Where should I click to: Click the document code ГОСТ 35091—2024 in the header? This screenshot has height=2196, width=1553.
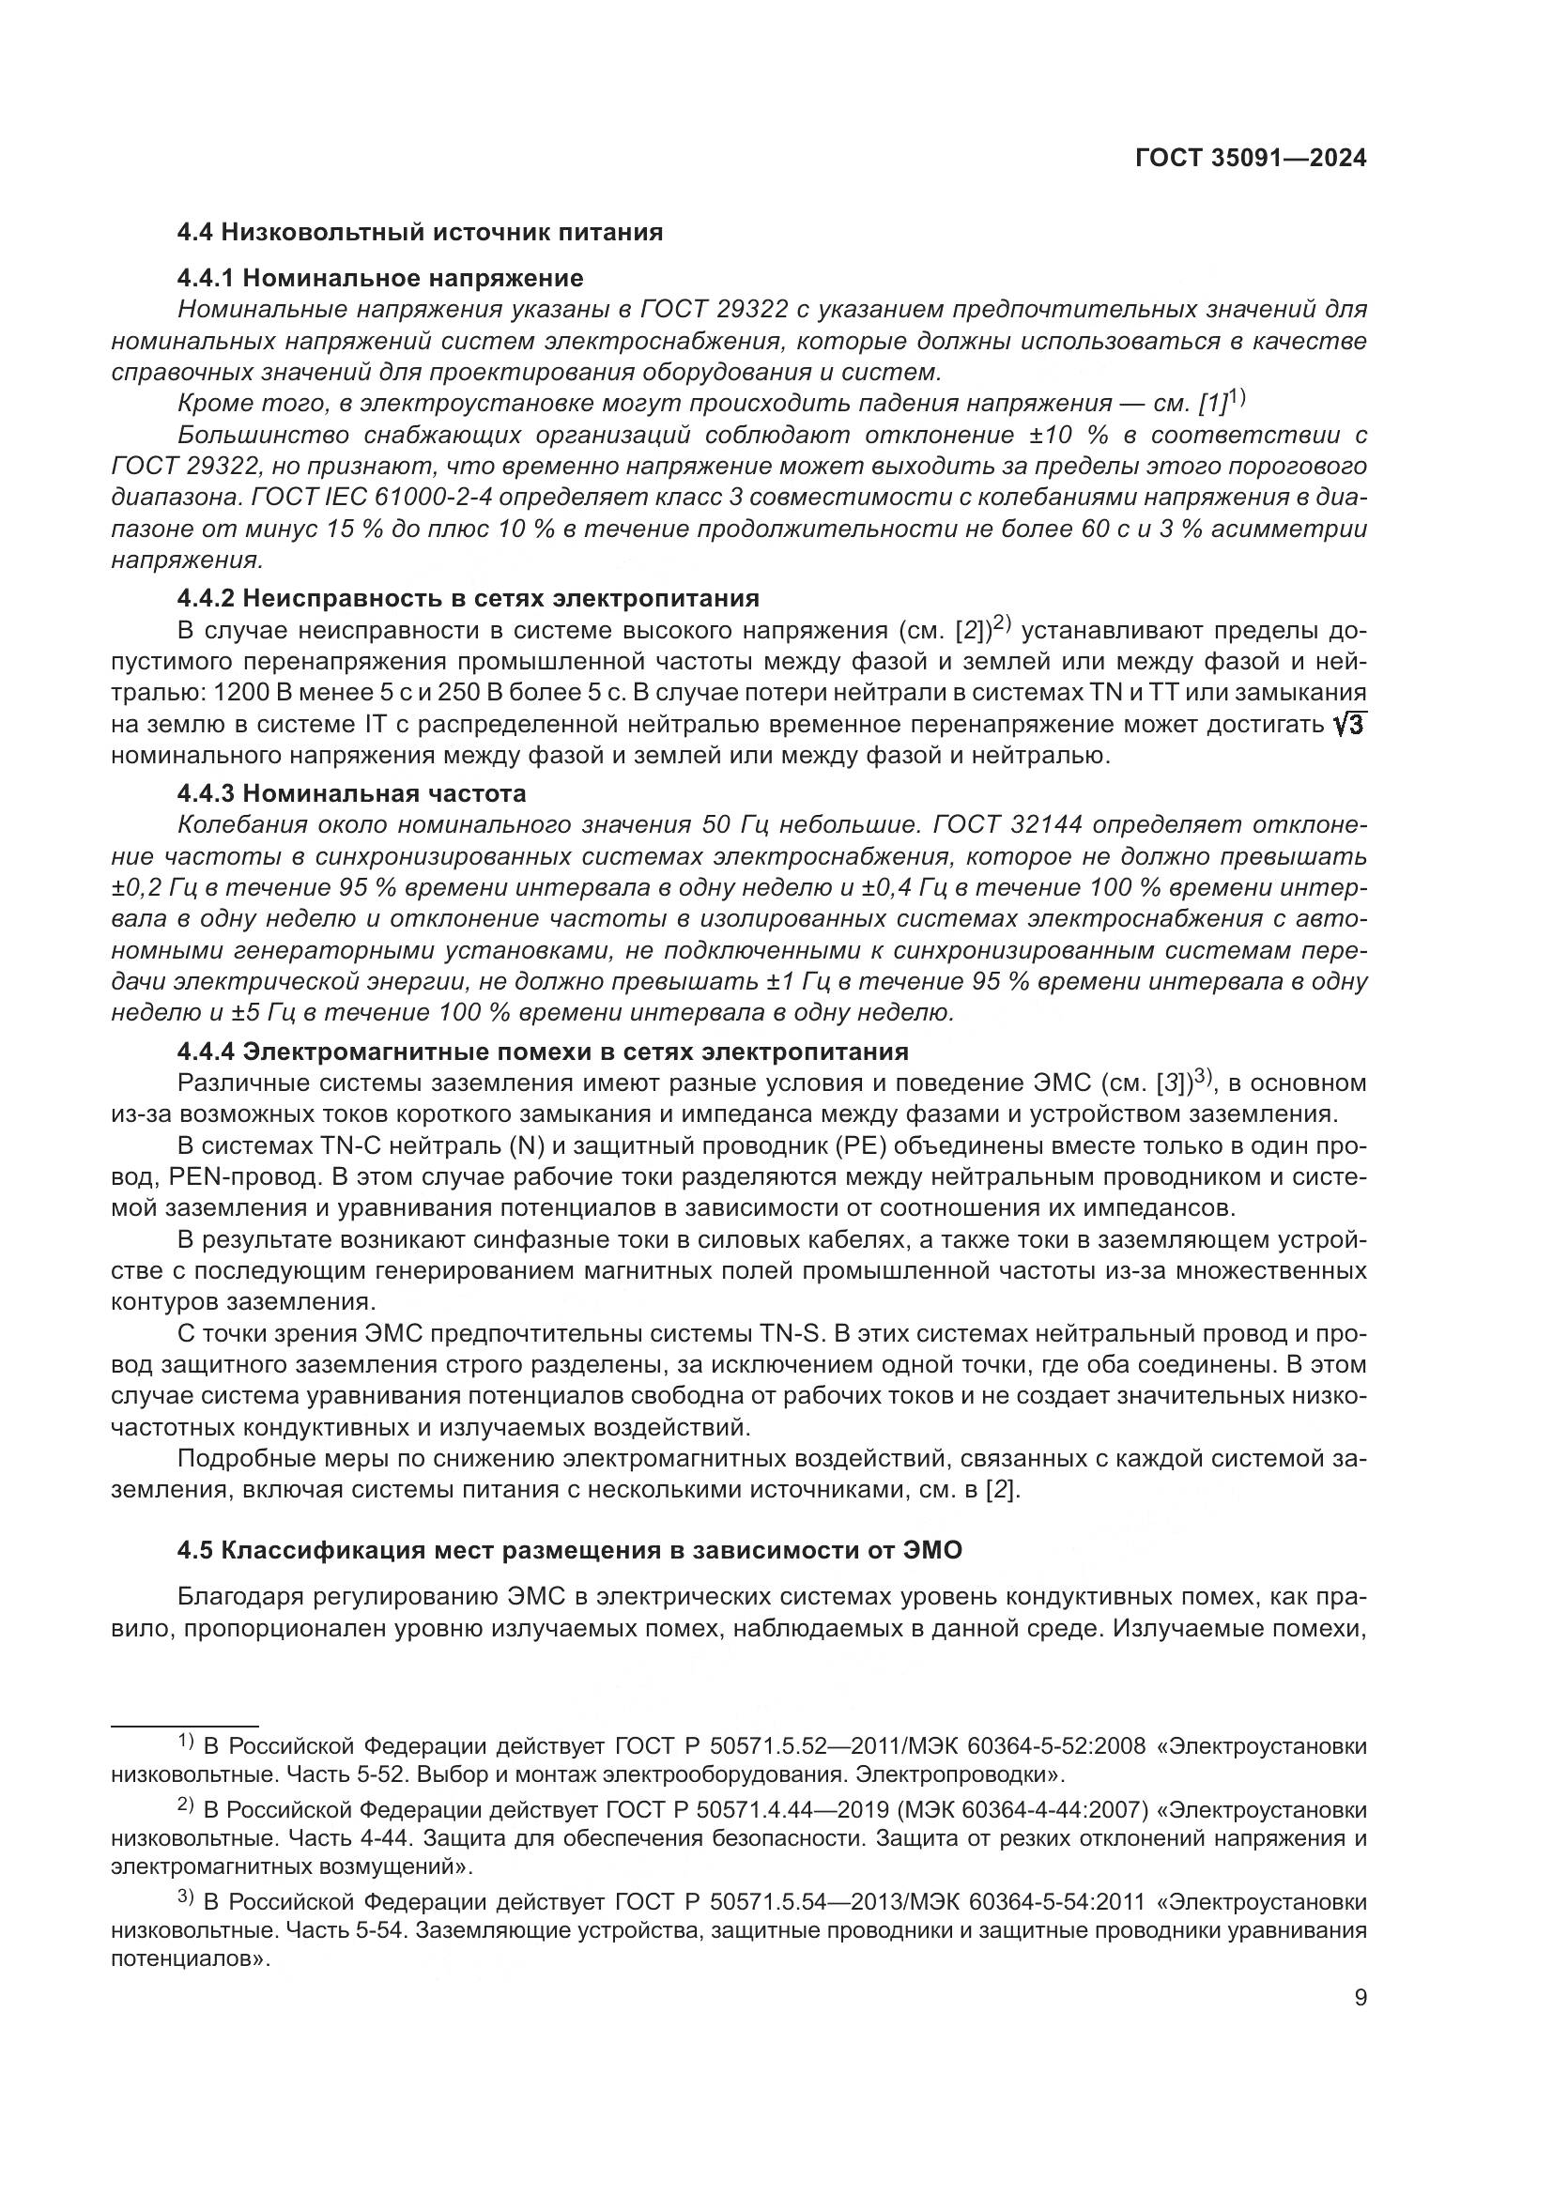1250,158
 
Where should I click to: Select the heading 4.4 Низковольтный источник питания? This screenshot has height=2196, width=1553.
420,233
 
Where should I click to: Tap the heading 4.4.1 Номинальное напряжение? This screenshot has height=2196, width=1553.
379,278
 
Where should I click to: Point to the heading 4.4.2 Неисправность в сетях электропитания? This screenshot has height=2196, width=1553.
468,599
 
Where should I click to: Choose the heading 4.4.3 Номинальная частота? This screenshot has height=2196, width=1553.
351,794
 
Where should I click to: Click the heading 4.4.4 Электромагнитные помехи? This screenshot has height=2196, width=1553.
542,1052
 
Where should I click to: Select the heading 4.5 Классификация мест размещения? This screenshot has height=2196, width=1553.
569,1550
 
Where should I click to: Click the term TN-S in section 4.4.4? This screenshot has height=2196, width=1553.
792,1333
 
